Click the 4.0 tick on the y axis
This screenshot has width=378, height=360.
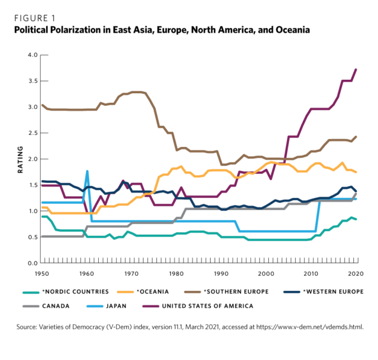pyautogui.click(x=31, y=55)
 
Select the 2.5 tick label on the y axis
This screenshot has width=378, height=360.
pyautogui.click(x=31, y=133)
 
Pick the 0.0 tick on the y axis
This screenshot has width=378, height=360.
pyautogui.click(x=31, y=263)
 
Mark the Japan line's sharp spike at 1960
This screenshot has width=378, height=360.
pyautogui.click(x=87, y=171)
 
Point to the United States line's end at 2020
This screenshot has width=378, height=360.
pyautogui.click(x=356, y=70)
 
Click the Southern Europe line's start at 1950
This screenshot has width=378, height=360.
pyautogui.click(x=42, y=105)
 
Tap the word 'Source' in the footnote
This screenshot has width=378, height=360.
pyautogui.click(x=31, y=327)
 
